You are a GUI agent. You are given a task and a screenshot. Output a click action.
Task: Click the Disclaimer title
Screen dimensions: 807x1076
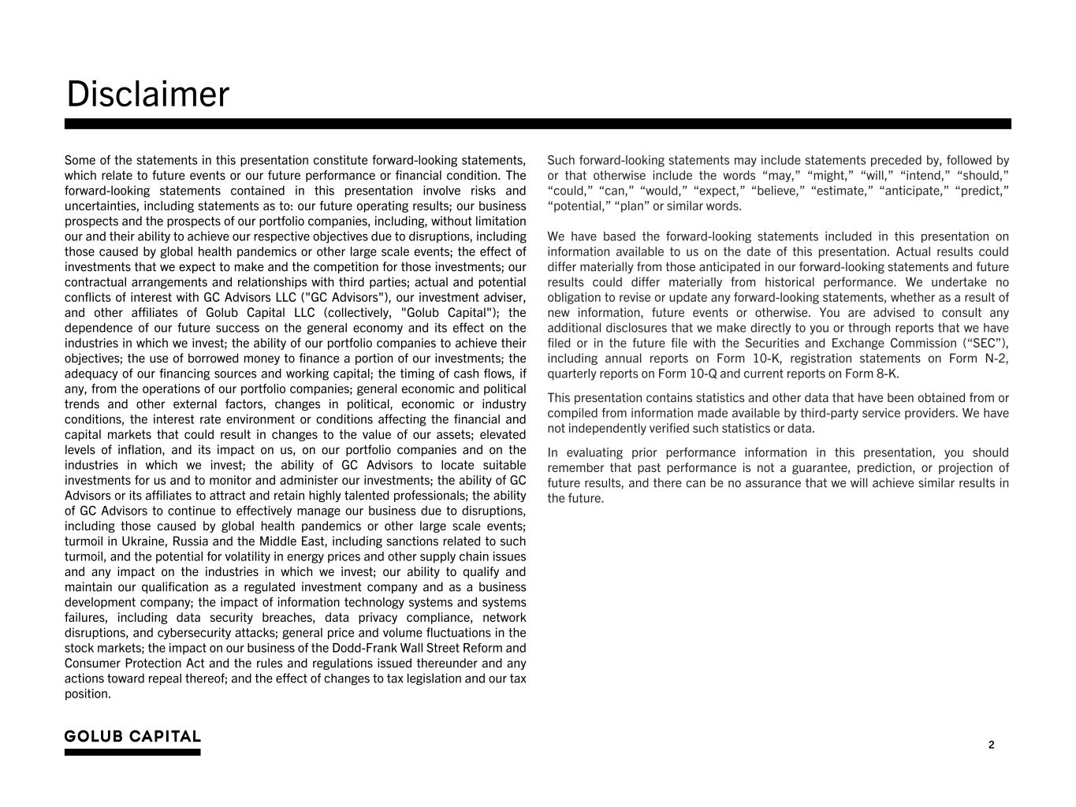[x=147, y=95]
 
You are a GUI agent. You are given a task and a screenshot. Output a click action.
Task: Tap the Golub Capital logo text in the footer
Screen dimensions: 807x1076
[x=132, y=737]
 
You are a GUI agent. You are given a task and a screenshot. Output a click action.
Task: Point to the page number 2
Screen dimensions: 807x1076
[x=991, y=746]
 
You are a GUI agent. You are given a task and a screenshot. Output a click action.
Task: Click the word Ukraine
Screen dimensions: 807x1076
[x=143, y=541]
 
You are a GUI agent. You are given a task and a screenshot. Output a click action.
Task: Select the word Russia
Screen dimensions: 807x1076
[x=191, y=541]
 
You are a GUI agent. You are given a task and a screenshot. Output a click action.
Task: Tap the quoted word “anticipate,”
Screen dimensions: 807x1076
[x=912, y=191]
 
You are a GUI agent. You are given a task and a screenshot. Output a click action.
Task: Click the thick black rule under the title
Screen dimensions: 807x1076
[x=538, y=124]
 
